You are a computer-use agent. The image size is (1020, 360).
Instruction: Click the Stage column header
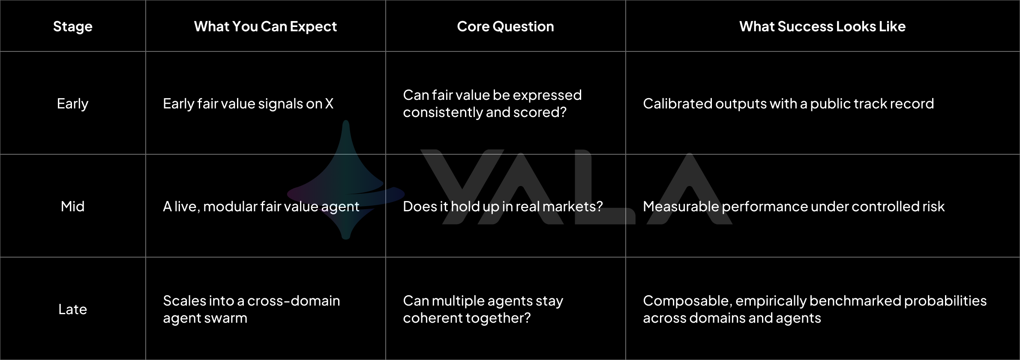pos(73,27)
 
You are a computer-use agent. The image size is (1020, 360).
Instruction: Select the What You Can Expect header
pos(265,27)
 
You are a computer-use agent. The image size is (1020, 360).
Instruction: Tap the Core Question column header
pos(505,27)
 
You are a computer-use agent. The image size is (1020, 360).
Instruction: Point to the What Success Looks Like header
pos(822,27)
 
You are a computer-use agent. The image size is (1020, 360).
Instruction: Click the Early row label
pos(73,104)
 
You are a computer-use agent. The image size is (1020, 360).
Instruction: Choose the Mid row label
pos(73,207)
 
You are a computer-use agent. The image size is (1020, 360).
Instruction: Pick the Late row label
pos(73,309)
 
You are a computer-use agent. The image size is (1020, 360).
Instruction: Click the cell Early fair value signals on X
pos(248,104)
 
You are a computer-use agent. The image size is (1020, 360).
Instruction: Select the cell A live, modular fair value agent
pos(261,207)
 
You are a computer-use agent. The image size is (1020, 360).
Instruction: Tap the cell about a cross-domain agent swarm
pos(252,309)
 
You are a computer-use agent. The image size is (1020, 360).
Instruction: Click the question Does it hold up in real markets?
pos(503,207)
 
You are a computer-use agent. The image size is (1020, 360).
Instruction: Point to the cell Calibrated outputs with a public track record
pos(789,104)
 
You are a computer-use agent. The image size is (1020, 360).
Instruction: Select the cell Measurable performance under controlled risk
pos(794,207)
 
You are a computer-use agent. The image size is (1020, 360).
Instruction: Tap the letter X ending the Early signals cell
pos(329,104)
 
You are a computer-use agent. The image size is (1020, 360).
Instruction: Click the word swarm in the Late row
pos(228,318)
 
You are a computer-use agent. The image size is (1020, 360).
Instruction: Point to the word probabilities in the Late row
pos(945,301)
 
